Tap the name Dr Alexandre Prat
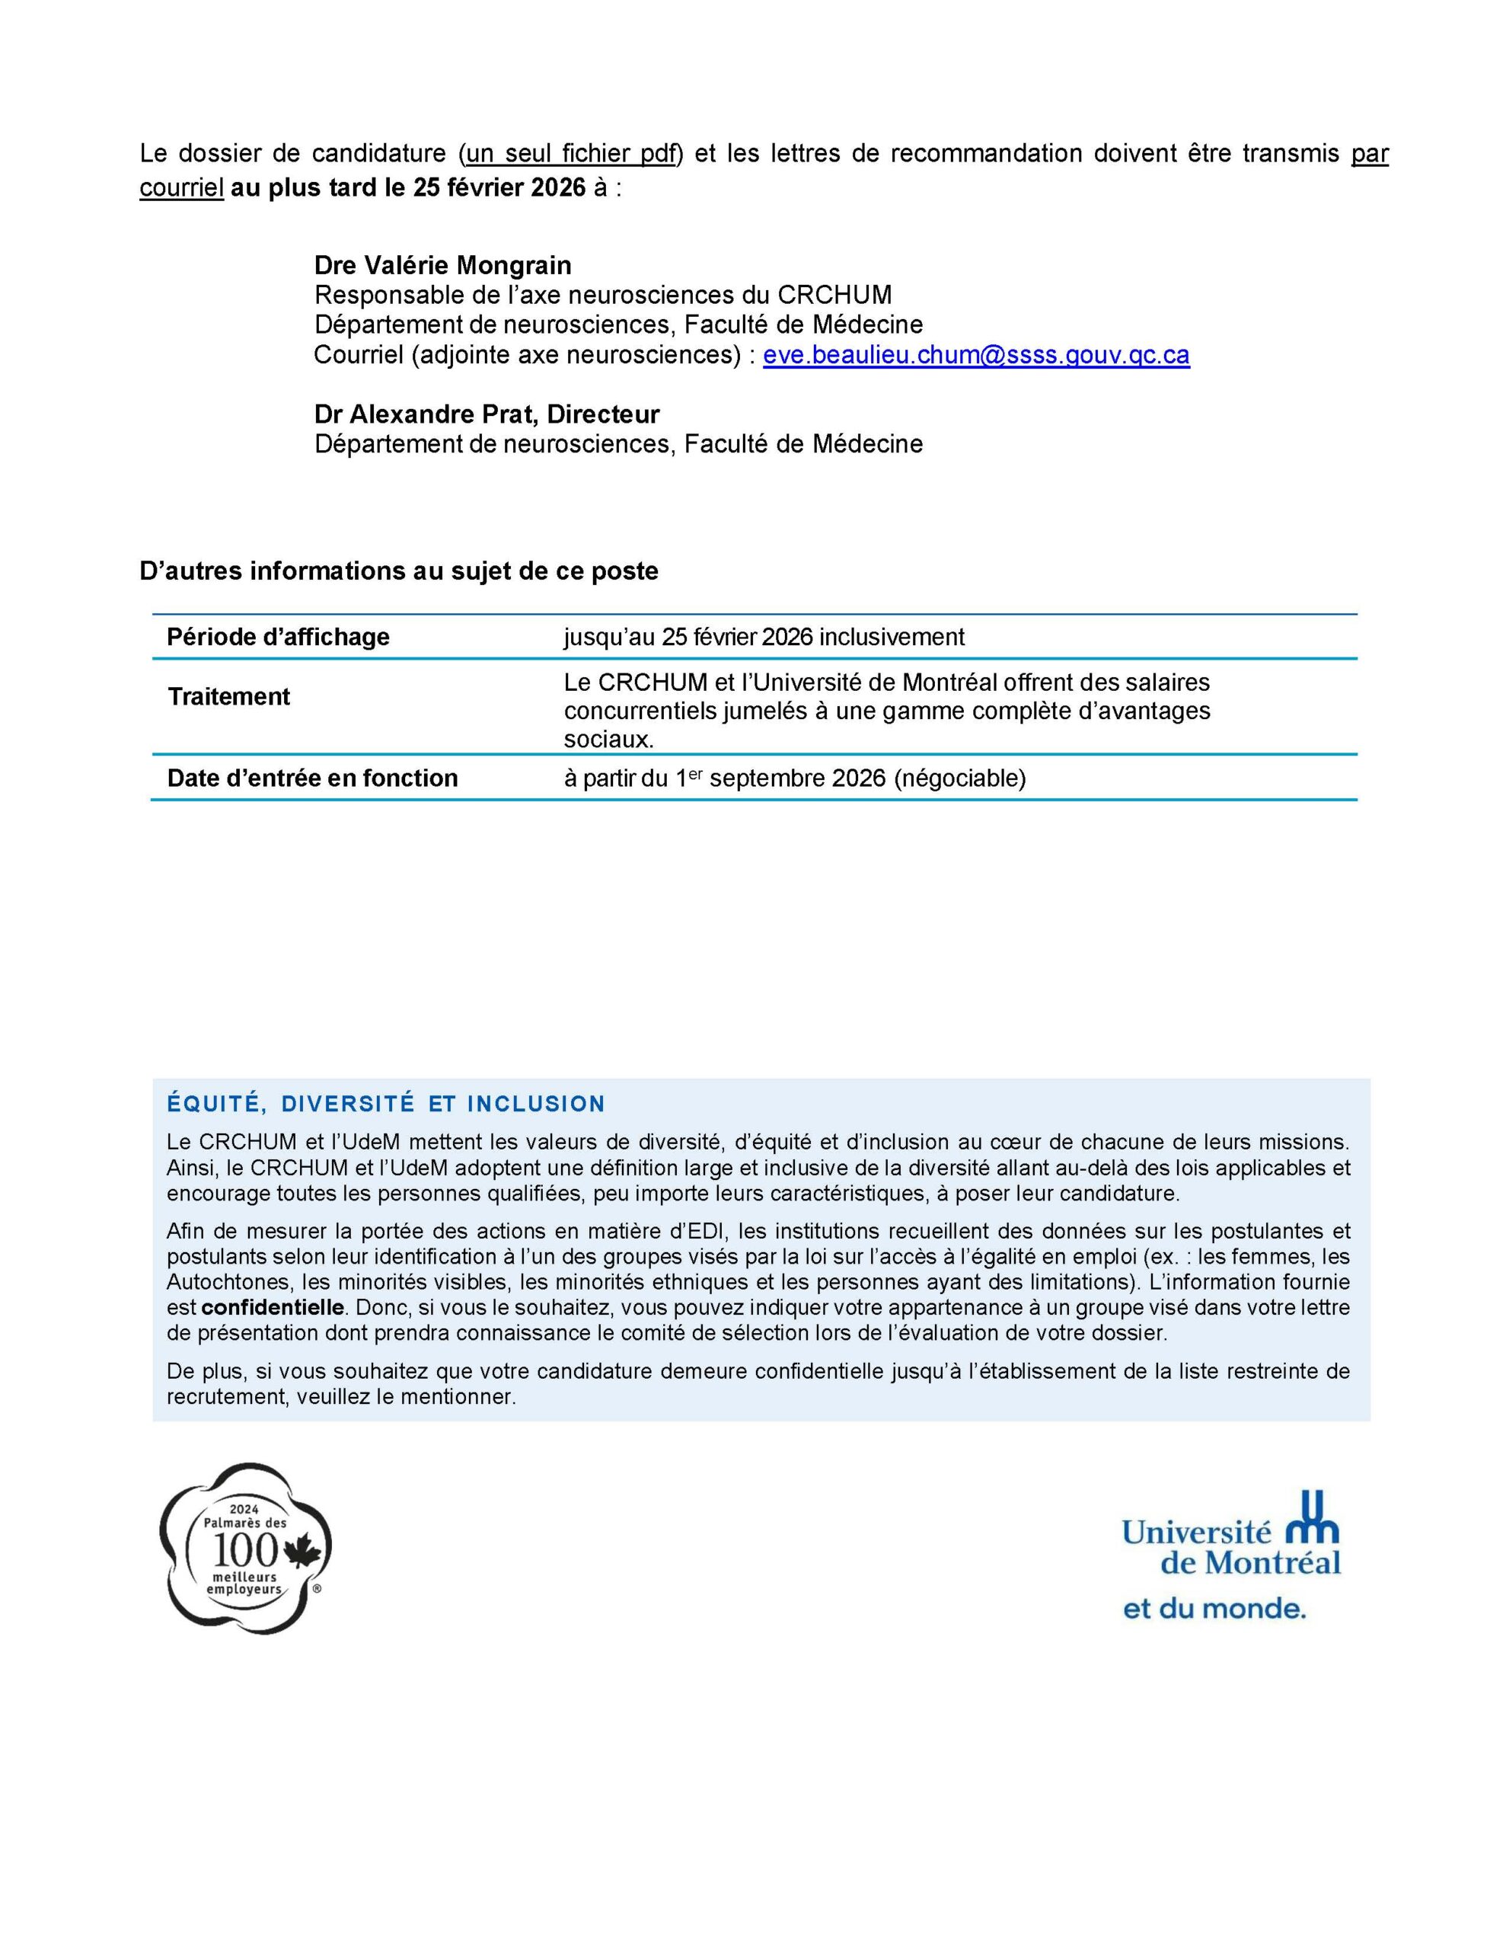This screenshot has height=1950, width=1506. pos(428,414)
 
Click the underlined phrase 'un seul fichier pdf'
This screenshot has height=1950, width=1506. pos(571,154)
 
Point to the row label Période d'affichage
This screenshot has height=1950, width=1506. pos(278,637)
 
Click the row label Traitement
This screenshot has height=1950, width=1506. pos(228,696)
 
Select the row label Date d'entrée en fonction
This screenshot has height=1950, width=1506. pos(312,778)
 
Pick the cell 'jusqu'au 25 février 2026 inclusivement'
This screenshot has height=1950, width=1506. pos(763,637)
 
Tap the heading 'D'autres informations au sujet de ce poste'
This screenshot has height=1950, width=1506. pos(398,571)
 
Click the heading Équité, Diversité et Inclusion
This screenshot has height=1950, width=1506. pos(386,1104)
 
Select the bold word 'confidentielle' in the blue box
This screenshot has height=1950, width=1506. pos(273,1308)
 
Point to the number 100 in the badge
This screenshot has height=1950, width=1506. pos(243,1552)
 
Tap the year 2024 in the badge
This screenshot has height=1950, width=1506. pos(244,1509)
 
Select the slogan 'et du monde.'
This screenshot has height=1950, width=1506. pos(1213,1609)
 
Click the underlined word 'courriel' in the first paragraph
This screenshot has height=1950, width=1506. pos(181,189)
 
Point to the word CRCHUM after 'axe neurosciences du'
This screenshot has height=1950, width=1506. pos(834,295)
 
